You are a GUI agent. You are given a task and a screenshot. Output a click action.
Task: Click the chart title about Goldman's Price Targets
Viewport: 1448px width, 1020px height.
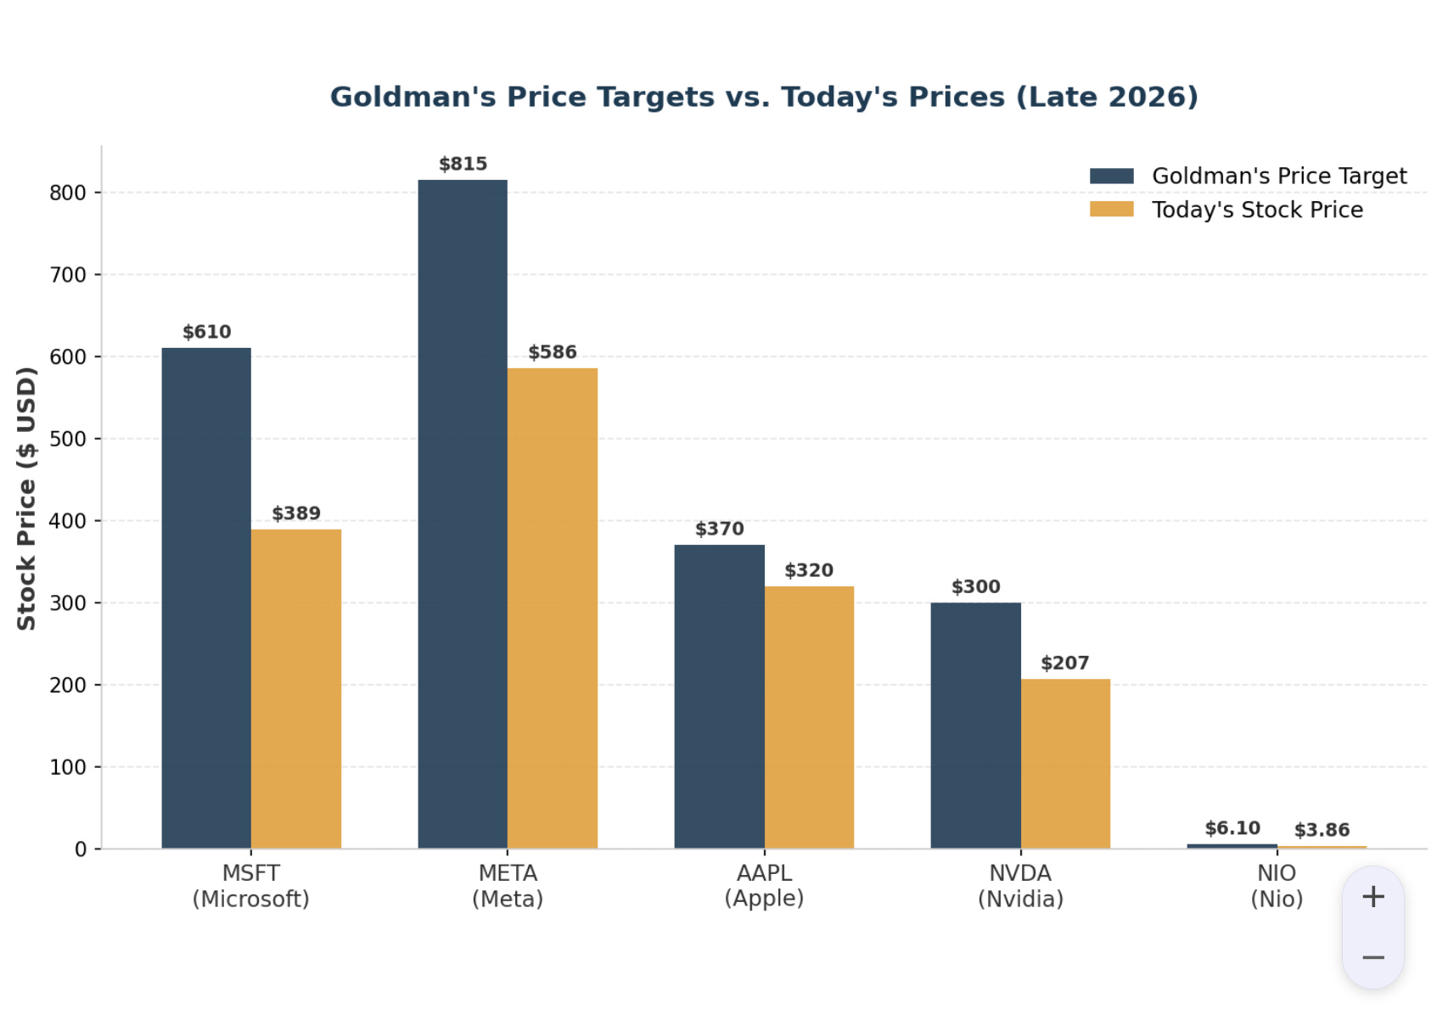(x=764, y=97)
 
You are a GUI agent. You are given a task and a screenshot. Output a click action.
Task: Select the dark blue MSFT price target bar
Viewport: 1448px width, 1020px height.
(x=206, y=598)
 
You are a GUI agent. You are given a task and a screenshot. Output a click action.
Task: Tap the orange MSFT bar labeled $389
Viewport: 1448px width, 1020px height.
(x=296, y=689)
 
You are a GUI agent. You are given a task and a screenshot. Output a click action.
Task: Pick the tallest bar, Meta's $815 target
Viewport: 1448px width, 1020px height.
(x=463, y=514)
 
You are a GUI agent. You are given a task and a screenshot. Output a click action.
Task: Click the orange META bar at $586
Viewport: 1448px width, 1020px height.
(x=553, y=608)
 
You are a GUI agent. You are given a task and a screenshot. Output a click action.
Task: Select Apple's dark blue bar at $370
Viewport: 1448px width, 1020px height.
(x=720, y=697)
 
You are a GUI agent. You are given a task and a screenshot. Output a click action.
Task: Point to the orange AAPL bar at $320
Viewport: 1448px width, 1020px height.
(x=810, y=718)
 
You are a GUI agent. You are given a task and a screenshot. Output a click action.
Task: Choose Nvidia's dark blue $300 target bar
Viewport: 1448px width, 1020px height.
(x=976, y=726)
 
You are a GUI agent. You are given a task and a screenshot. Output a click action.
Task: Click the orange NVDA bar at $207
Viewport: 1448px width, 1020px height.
(x=1065, y=764)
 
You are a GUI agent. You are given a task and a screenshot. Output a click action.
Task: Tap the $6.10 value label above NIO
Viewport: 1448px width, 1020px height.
(x=1232, y=828)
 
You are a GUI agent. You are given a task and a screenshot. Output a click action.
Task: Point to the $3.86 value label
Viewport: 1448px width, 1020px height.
(x=1322, y=830)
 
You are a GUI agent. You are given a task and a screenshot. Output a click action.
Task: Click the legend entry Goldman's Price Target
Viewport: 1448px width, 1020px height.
(x=1249, y=176)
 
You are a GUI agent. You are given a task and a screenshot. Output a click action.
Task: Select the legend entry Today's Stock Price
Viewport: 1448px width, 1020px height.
(x=1226, y=210)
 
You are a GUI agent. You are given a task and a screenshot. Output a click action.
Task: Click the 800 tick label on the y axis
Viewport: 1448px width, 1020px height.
(x=67, y=193)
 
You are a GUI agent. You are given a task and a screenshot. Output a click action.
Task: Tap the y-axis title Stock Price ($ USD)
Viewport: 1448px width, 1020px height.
(x=26, y=498)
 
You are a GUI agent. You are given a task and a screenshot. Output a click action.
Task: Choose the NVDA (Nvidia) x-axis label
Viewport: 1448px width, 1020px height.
(x=1021, y=886)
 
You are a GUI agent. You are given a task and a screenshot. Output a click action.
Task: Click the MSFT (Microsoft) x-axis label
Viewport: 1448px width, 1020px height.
(x=251, y=886)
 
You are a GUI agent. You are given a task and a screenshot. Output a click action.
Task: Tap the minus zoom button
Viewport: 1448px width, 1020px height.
(x=1373, y=957)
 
